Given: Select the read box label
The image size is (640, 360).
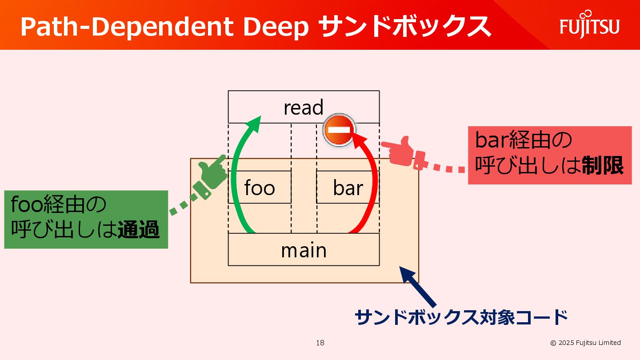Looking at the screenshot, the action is pos(304,108).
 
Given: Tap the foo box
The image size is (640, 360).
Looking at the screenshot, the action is pos(260,188).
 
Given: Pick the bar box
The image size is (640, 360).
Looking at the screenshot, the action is pos(348,188).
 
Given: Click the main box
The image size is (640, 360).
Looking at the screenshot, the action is pos(304,250).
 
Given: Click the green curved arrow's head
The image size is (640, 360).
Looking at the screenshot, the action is pos(255,122).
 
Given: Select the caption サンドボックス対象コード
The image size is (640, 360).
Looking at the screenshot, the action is pos(461,318).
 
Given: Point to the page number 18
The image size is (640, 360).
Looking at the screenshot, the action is pos(320,343).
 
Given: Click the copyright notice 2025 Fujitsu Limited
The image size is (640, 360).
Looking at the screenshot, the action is pos(585,343).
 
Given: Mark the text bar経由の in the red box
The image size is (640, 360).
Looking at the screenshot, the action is pos(523,141).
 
